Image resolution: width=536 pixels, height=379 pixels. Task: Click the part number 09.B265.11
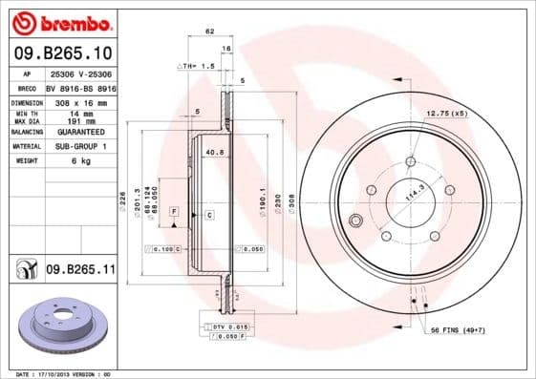[x=80, y=270]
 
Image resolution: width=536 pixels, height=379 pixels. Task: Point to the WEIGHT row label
[x=25, y=161]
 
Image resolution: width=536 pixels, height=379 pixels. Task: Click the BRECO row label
[x=27, y=86]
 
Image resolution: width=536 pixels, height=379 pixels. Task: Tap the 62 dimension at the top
[x=208, y=32]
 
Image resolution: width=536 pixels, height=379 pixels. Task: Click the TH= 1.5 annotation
[x=194, y=66]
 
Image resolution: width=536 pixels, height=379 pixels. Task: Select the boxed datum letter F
[x=174, y=210]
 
